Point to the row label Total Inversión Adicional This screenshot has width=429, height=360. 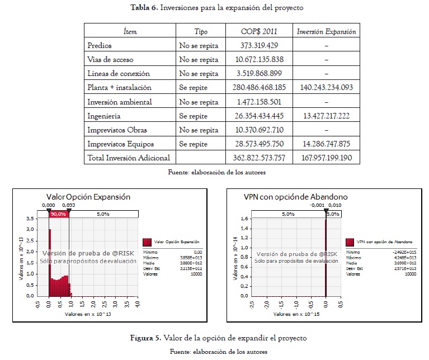tap(128, 158)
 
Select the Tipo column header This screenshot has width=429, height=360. tap(200, 31)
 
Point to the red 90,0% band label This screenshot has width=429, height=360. tap(59, 214)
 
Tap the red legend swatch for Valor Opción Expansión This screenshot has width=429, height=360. tap(148, 241)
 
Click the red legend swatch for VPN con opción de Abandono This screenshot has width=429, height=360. tap(350, 241)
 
